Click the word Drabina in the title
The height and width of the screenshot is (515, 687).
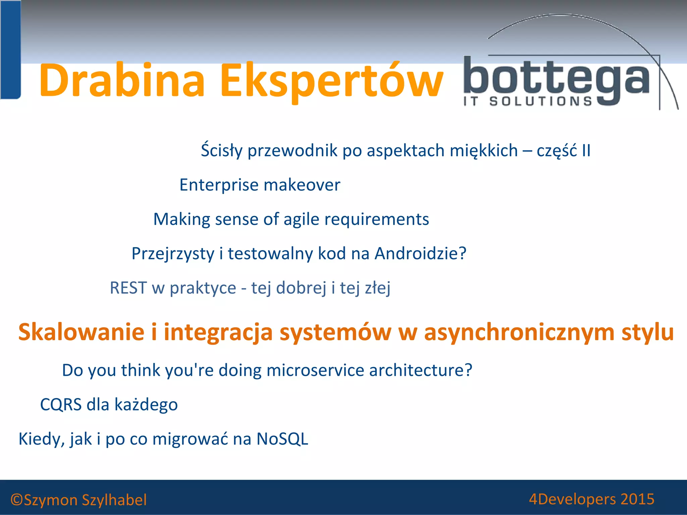tap(122, 80)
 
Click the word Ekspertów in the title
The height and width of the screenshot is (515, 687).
tap(332, 82)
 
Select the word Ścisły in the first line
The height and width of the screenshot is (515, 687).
tap(221, 150)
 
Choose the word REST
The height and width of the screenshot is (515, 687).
tap(128, 288)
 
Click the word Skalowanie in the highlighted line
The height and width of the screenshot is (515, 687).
tap(82, 332)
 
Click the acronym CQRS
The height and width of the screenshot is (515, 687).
tap(61, 405)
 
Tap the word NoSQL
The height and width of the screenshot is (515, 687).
tap(282, 439)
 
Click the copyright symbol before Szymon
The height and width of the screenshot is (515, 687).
tap(16, 500)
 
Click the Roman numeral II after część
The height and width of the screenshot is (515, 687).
tap(586, 151)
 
